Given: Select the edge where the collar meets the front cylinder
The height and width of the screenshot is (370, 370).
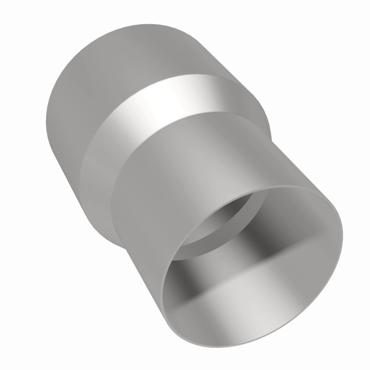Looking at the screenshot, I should [185, 118].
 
